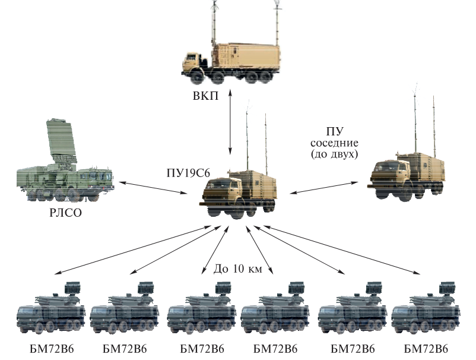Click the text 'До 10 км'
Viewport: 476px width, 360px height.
coord(237,269)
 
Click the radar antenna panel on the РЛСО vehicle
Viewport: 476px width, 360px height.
coord(62,142)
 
